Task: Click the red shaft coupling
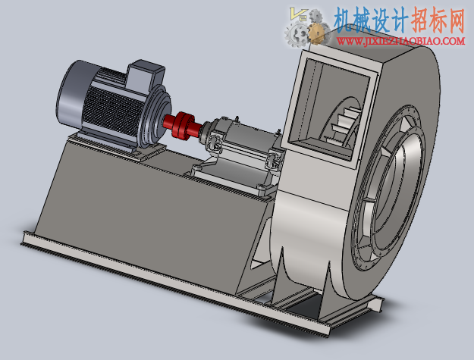(182, 125)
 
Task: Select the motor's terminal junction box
(146, 74)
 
